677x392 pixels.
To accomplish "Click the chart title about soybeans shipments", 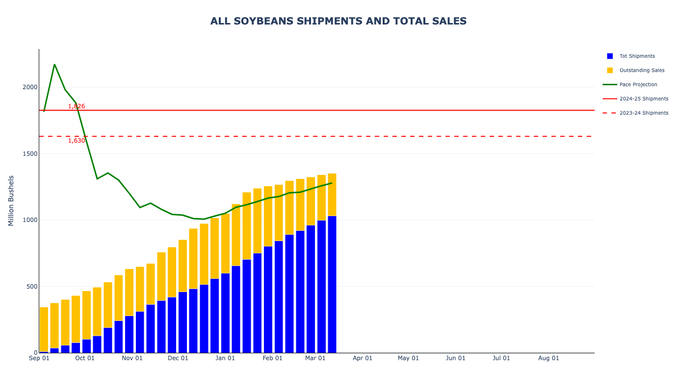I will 338,21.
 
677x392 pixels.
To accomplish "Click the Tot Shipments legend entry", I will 637,56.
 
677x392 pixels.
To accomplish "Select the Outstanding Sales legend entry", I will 642,71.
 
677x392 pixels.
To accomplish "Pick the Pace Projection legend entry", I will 638,85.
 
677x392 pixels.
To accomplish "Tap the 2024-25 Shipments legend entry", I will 644,99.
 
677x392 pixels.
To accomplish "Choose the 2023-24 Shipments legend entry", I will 644,113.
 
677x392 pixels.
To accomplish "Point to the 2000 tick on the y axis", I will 30,87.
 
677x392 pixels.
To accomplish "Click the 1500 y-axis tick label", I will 30,154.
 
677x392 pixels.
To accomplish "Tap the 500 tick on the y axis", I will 32,287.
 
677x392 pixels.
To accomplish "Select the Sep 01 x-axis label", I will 39,358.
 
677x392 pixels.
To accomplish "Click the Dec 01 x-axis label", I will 178,358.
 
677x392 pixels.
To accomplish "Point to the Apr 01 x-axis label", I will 363,358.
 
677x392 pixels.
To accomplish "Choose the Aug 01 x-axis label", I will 548,358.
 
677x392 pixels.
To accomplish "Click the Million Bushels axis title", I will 11,200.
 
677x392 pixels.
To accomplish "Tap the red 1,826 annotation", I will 77,106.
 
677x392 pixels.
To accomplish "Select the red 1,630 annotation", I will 77,141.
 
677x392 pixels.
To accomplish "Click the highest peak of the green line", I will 54,65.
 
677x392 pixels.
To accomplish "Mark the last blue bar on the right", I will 332,284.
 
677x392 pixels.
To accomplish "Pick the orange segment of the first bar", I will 44,328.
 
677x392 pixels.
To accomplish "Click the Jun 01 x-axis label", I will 455,358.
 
